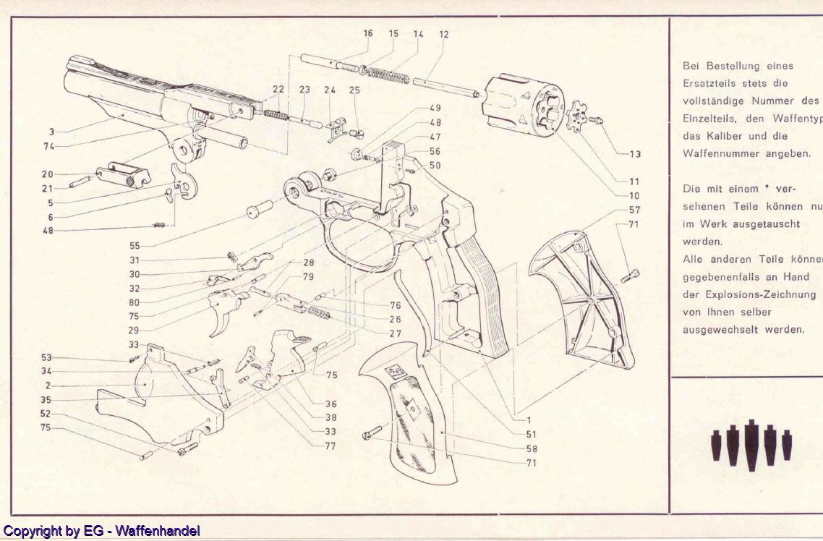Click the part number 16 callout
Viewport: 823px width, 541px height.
point(368,34)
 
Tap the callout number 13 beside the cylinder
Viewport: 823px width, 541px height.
point(636,154)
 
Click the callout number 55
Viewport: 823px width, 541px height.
point(135,246)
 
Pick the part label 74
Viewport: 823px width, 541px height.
point(47,145)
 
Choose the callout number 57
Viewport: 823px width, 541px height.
point(634,209)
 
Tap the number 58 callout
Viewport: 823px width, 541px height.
point(532,448)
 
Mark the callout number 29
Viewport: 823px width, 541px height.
point(134,330)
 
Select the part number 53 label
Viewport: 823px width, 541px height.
point(47,358)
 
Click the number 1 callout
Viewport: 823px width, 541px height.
point(529,419)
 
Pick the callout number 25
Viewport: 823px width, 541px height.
point(354,90)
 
